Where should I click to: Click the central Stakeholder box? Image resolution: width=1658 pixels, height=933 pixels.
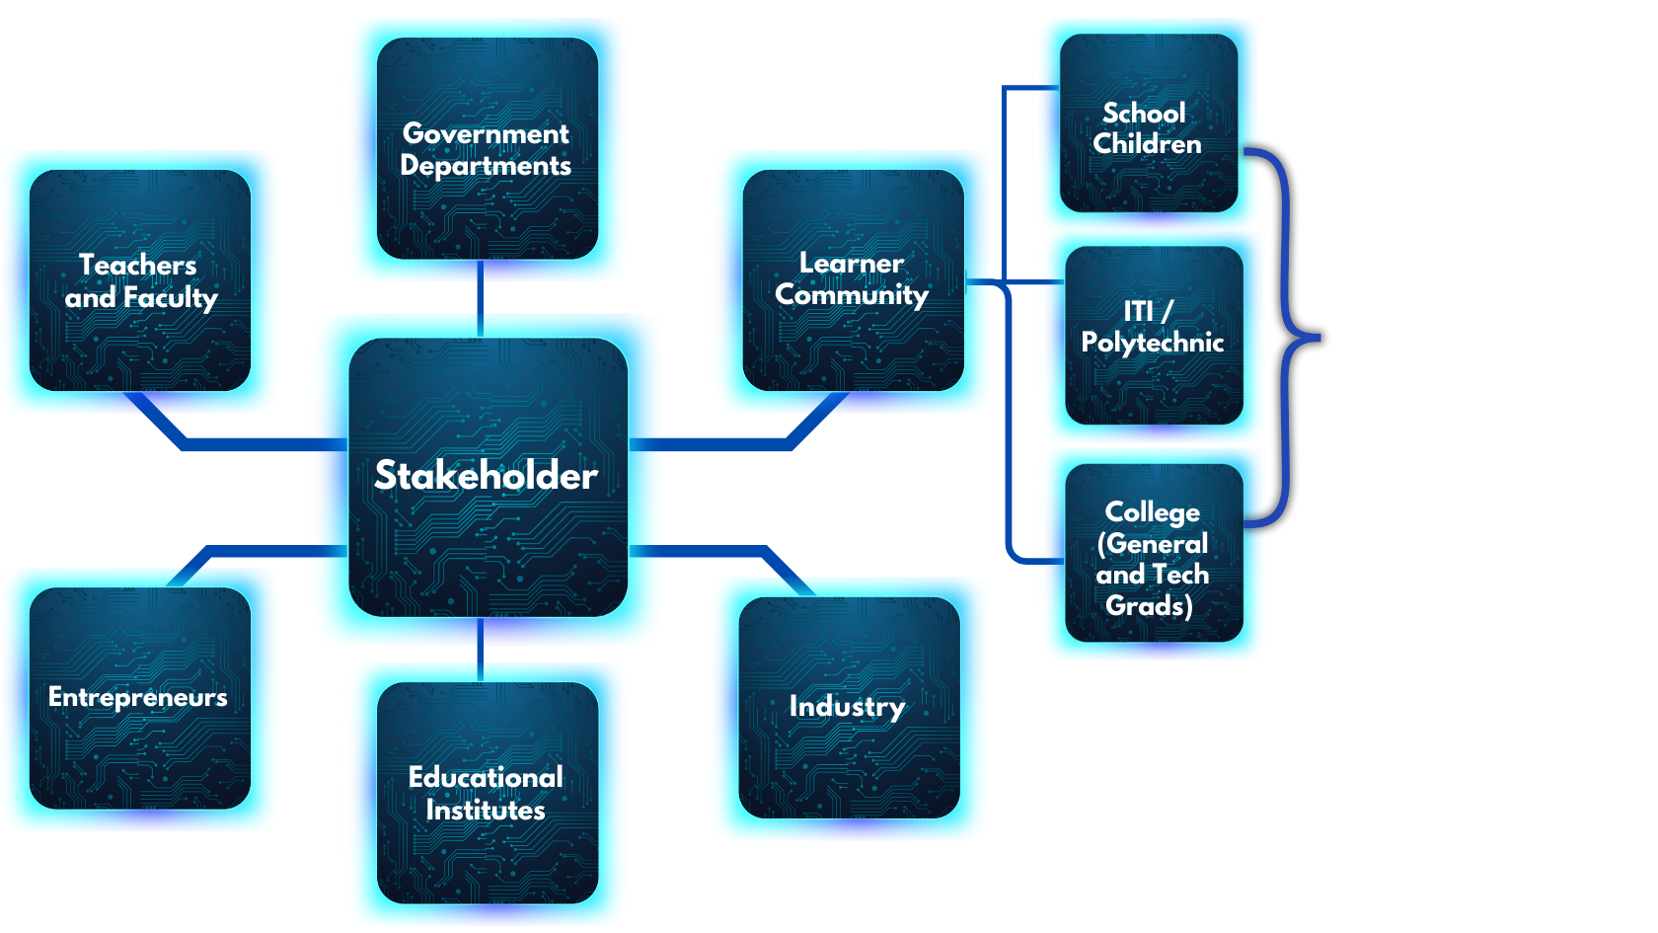(488, 477)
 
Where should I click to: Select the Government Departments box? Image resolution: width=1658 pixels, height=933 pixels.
(487, 149)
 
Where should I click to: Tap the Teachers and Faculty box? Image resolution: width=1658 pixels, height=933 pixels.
(140, 280)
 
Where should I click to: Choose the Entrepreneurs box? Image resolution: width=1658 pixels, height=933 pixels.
(139, 698)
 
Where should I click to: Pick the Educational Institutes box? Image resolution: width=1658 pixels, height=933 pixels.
(487, 793)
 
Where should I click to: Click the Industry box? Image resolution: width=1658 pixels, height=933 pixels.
(848, 707)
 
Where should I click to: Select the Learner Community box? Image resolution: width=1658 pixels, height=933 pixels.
(852, 279)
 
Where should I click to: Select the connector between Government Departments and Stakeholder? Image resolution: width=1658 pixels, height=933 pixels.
(481, 296)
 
